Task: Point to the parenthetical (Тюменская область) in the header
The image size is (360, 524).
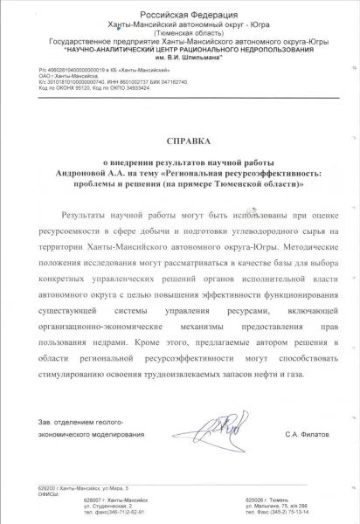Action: tap(180, 34)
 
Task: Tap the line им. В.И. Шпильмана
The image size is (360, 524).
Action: tap(179, 59)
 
